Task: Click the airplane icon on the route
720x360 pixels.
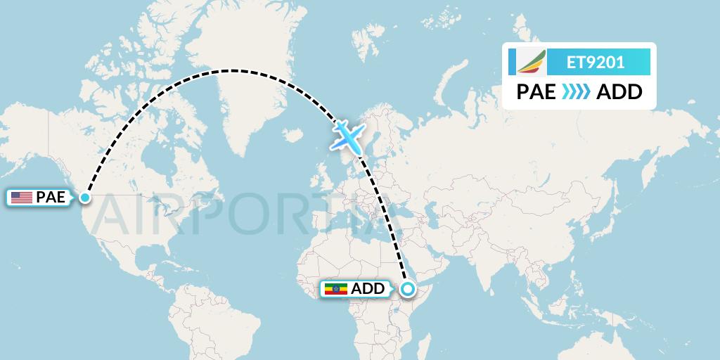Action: tap(347, 136)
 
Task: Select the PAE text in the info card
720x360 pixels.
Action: tap(536, 92)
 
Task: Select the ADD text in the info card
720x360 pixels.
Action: tap(619, 92)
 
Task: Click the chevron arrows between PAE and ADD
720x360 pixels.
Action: tap(577, 92)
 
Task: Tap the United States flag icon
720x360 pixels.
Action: tap(22, 198)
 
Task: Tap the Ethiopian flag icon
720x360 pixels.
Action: tap(336, 288)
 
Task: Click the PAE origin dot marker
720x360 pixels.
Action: tap(85, 198)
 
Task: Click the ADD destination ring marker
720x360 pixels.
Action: tap(407, 288)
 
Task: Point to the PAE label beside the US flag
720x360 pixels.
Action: tap(51, 198)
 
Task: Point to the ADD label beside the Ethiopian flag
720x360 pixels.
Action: tap(368, 288)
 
